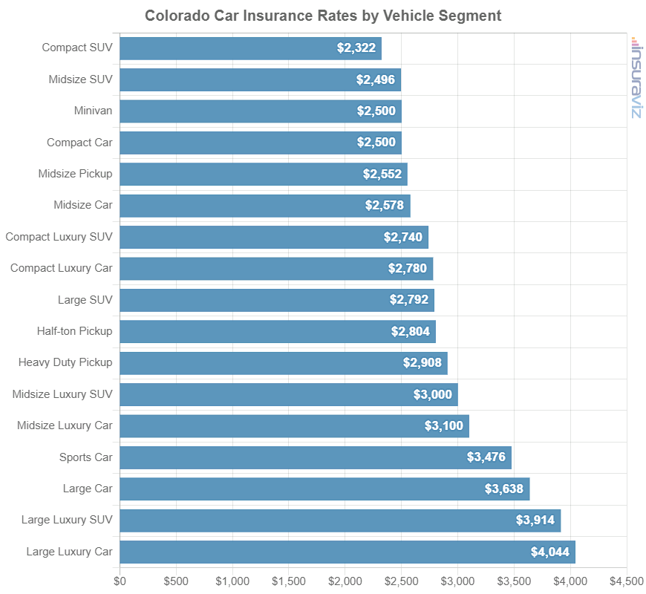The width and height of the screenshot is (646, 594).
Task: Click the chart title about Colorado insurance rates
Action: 323,16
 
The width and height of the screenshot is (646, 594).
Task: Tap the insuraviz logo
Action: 636,77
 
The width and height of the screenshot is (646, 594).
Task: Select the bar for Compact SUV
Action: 250,48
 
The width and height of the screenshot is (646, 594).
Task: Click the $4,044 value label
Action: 549,552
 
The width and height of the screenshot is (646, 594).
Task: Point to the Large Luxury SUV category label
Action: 67,520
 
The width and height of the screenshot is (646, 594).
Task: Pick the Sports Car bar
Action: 316,457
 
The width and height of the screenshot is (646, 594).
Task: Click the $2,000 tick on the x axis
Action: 345,580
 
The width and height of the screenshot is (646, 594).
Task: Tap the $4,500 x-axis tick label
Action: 627,580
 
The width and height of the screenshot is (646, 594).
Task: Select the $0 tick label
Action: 120,580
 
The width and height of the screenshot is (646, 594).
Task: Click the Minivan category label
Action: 93,111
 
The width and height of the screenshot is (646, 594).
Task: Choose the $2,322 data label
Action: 356,48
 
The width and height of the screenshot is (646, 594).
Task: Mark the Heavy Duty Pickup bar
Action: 283,363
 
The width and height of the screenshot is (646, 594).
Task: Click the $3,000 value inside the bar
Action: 433,394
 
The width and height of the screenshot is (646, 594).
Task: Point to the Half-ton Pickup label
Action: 74,331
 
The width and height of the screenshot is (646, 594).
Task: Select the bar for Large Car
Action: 324,489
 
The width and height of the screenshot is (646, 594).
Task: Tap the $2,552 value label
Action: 382,174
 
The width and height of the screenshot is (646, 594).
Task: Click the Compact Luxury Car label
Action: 61,268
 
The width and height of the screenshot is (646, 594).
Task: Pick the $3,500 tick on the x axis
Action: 514,580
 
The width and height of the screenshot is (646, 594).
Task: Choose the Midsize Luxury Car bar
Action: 294,426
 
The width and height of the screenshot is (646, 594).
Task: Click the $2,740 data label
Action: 403,238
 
